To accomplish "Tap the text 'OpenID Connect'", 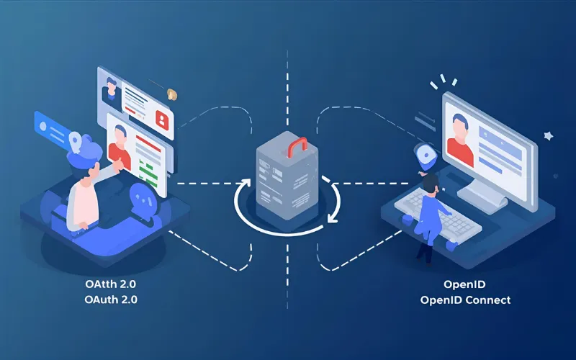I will point(465,300).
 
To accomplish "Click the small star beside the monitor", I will point(548,135).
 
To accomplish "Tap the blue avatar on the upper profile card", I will point(112,89).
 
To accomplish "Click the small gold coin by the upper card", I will point(172,94).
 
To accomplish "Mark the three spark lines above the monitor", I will point(443,81).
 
